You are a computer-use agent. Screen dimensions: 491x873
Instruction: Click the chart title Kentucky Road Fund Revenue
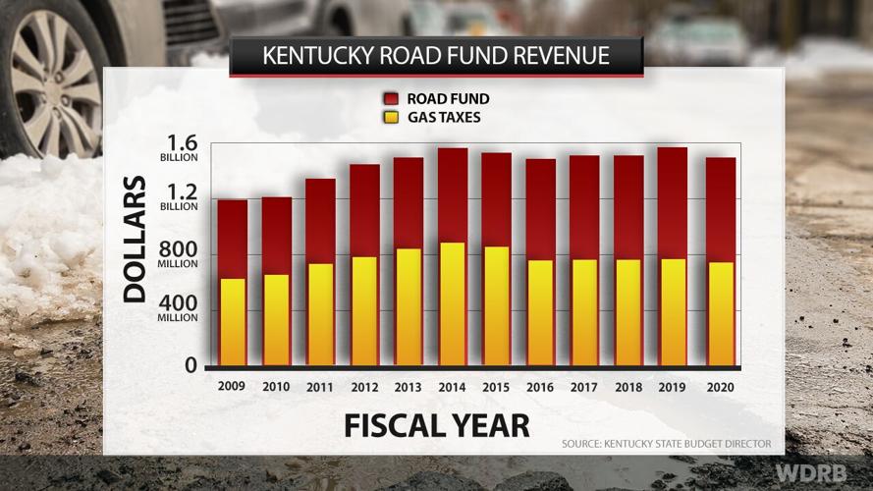436,55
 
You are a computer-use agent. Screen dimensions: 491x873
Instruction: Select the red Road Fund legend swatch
390,99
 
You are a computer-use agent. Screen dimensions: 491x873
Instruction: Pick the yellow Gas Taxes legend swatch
390,118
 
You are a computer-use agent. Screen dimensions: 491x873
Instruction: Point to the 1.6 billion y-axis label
177,147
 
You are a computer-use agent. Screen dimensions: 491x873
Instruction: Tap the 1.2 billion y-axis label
177,199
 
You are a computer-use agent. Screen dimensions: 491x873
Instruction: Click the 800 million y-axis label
177,256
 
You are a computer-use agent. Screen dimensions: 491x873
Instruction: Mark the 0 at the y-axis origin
191,366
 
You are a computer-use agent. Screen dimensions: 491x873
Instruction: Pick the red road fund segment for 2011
320,221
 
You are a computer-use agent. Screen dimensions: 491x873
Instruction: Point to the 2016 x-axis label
539,388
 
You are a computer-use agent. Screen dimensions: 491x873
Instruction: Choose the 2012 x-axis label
363,388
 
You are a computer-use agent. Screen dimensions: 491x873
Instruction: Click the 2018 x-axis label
628,388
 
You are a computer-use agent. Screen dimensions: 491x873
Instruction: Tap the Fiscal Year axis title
436,425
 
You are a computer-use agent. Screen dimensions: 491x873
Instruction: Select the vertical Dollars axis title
135,239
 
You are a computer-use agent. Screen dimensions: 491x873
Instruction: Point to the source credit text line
666,444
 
